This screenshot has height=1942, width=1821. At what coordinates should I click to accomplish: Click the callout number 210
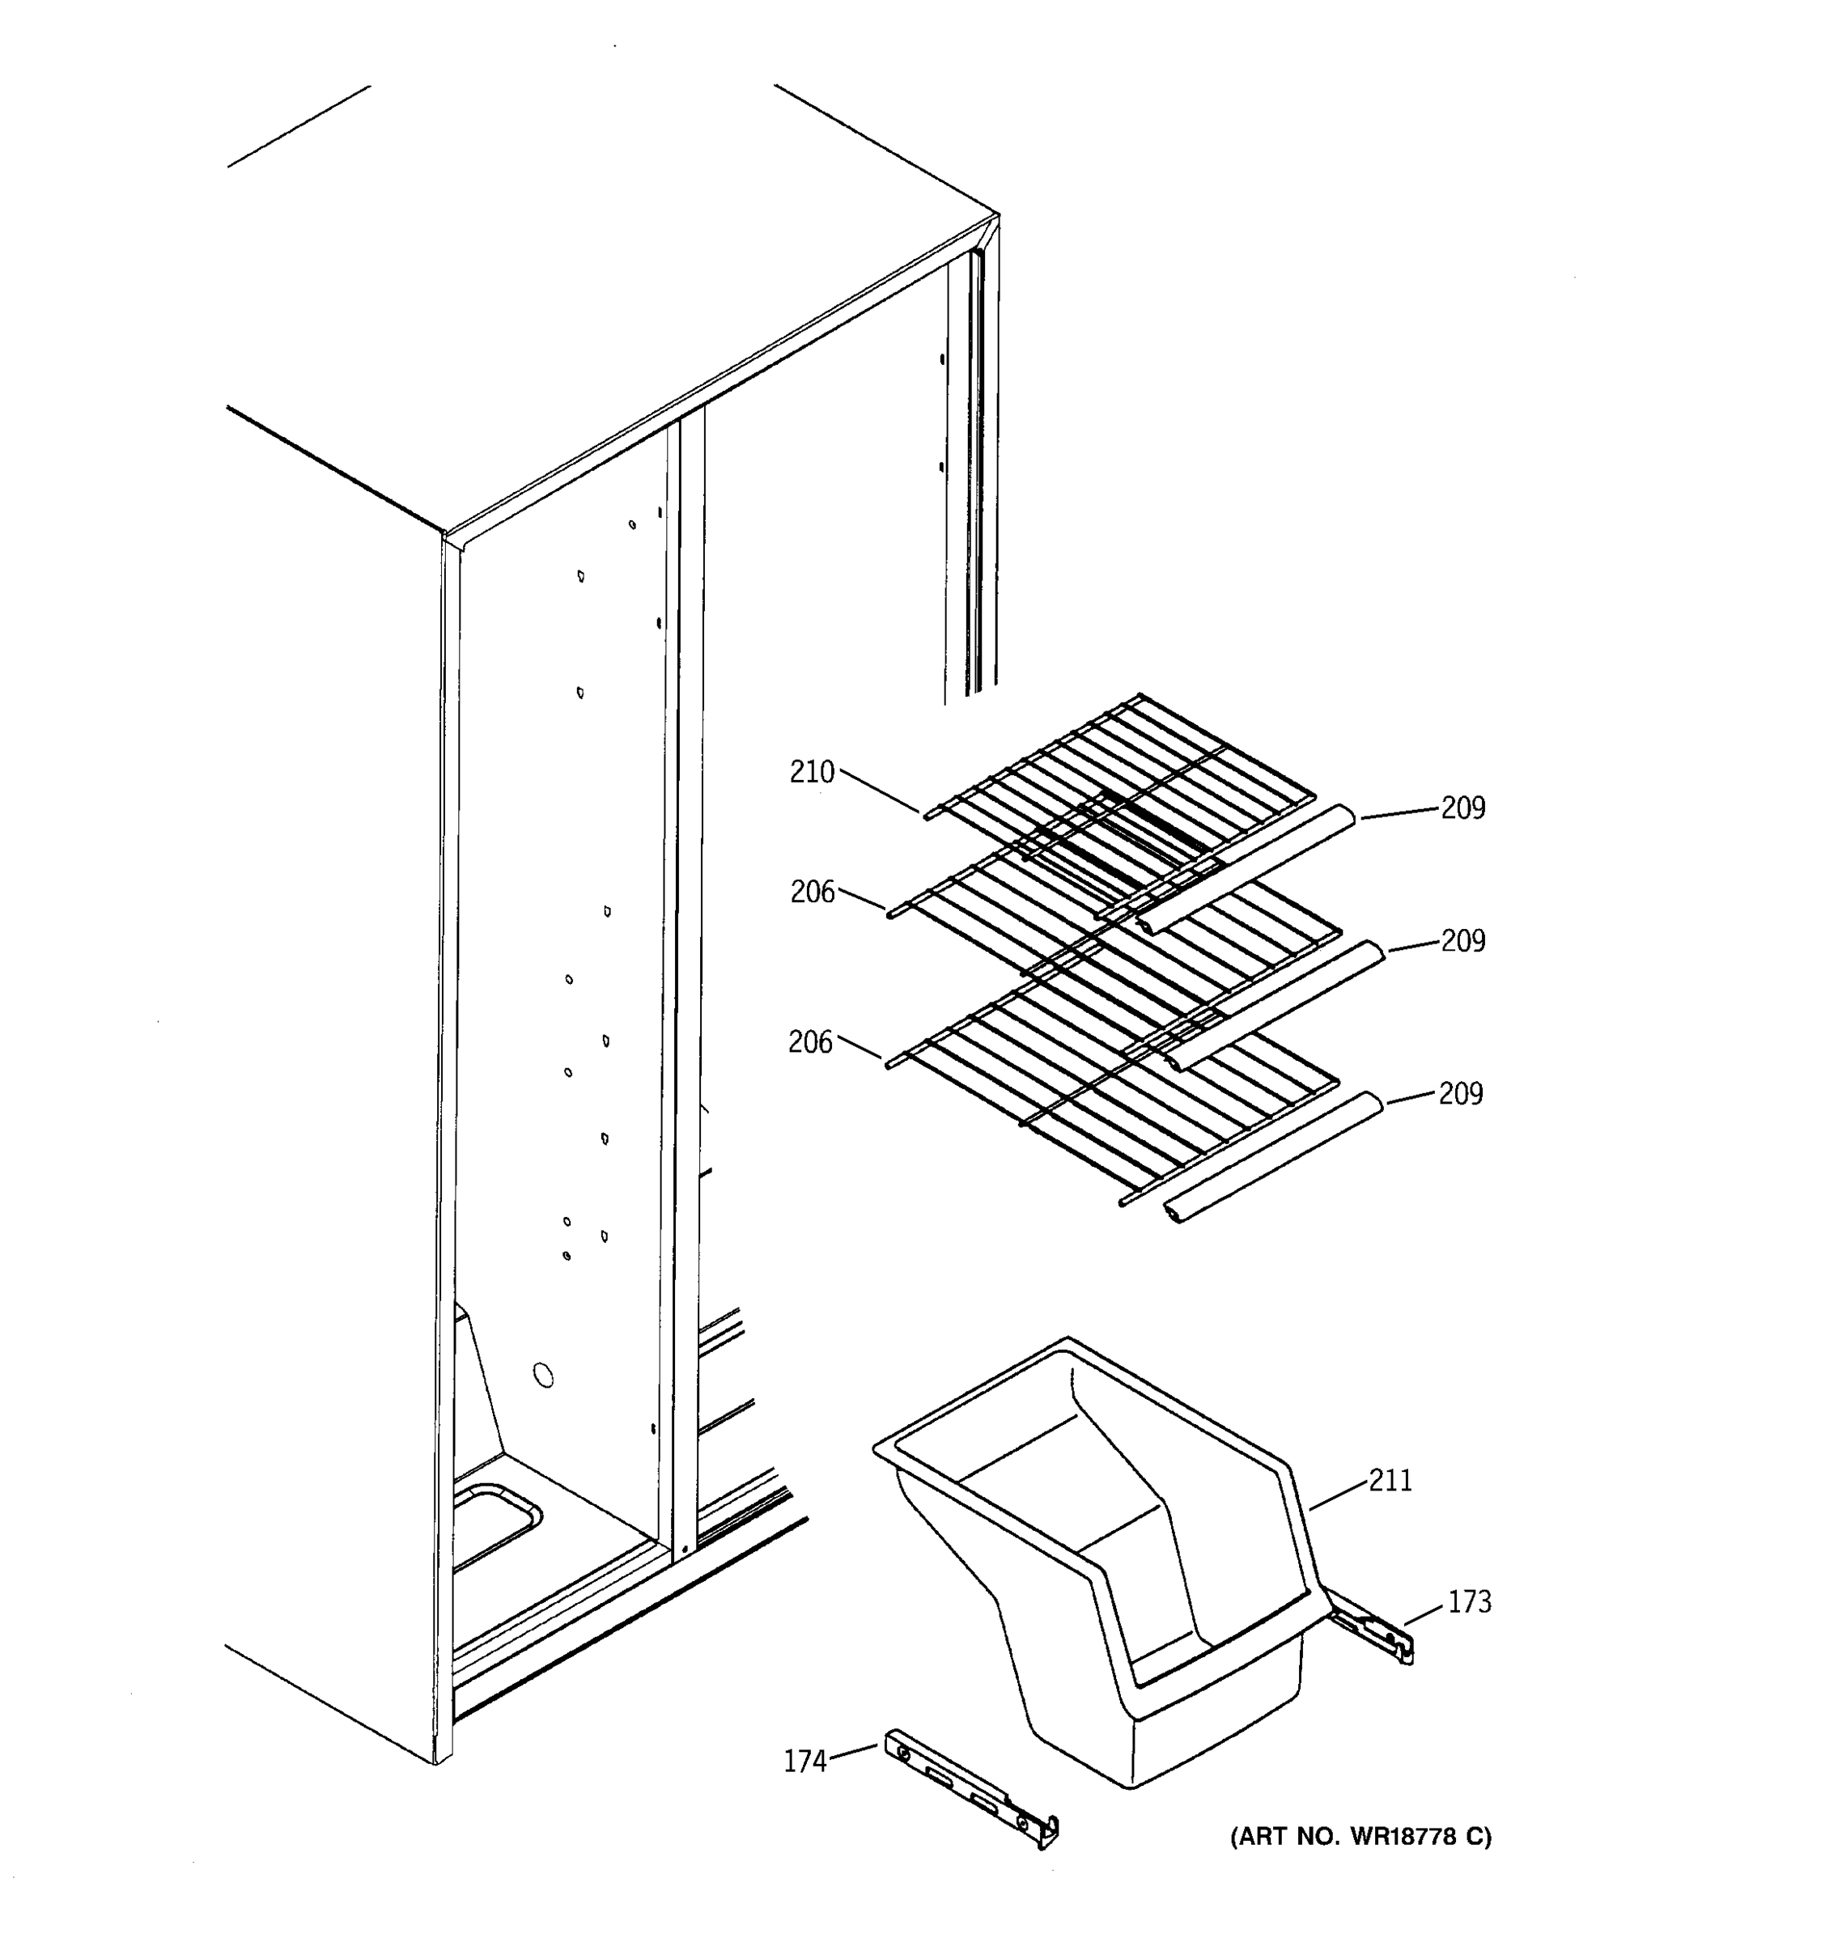point(812,773)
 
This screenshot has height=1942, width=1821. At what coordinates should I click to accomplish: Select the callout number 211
point(1390,1480)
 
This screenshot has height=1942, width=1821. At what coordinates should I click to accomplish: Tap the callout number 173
point(1469,1601)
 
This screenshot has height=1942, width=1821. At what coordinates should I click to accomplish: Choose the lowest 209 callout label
point(1461,1093)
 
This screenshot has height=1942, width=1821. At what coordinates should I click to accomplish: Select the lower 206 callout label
point(811,1042)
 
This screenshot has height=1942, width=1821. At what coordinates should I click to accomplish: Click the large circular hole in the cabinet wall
point(543,1376)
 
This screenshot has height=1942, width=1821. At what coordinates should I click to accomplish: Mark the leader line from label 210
point(879,791)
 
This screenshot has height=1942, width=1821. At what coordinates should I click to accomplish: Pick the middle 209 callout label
point(1462,941)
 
